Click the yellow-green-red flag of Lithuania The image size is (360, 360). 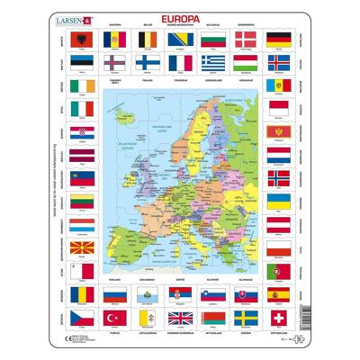pyautogui.click(x=79, y=198)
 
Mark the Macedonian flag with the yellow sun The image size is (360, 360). pyautogui.click(x=79, y=247)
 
